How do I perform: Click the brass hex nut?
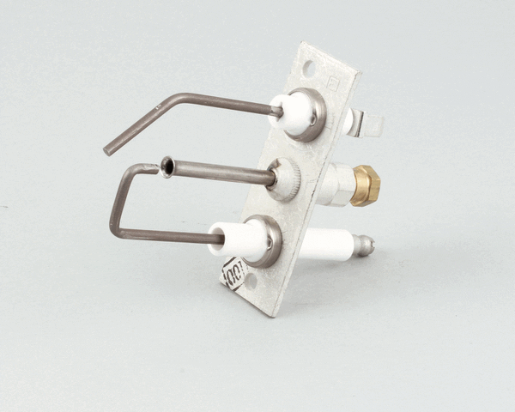coord(367,185)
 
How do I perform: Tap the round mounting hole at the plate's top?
coord(308,64)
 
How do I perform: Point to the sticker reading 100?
coord(233,274)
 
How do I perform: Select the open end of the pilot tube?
coord(166,165)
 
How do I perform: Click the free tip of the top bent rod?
coord(108,150)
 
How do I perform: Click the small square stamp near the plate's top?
coord(333,83)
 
